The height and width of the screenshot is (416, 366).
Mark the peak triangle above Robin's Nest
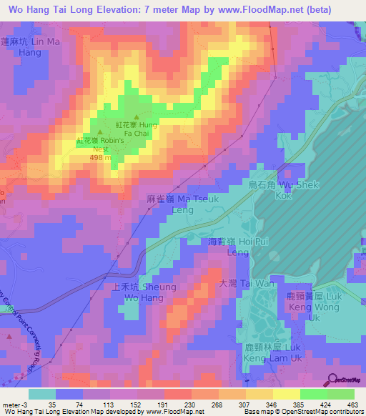click(101, 132)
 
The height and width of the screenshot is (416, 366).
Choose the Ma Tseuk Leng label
click(169, 205)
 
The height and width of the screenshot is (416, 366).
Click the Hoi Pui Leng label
click(232, 247)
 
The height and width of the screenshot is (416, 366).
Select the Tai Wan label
click(236, 284)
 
